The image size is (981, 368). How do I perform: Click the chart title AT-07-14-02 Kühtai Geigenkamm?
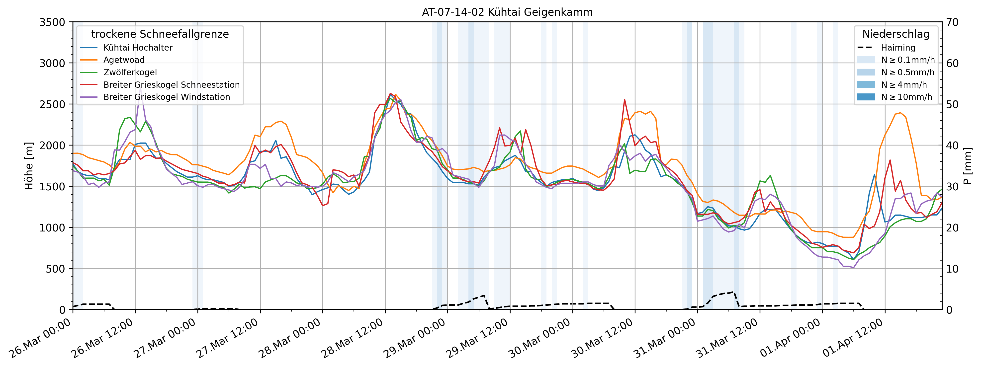tap(507, 12)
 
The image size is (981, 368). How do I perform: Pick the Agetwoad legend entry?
tap(124, 60)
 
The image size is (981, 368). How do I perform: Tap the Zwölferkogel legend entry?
tap(130, 72)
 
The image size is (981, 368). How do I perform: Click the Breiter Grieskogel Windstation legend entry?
tap(167, 97)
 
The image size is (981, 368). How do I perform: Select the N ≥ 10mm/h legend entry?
tap(906, 97)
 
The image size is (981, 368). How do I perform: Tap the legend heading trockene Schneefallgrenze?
tap(160, 34)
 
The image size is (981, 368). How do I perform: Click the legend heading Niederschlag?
tap(896, 34)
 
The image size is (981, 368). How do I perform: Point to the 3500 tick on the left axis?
tap(52, 22)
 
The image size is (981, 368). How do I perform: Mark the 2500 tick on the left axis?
tap(52, 105)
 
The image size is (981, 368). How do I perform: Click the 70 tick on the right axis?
tap(952, 22)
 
